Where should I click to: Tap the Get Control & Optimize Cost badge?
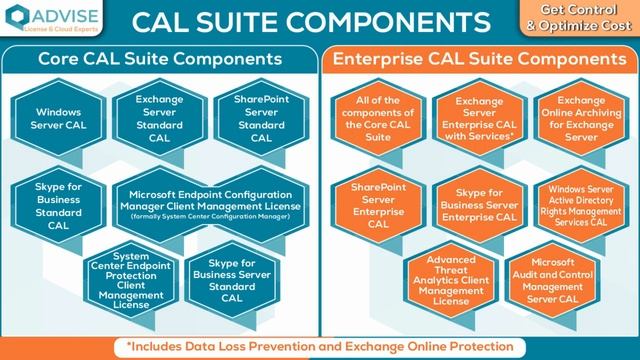[596, 19]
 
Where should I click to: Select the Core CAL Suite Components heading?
[159, 60]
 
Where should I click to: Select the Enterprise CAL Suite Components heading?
[480, 60]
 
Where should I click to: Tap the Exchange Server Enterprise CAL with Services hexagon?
[479, 121]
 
